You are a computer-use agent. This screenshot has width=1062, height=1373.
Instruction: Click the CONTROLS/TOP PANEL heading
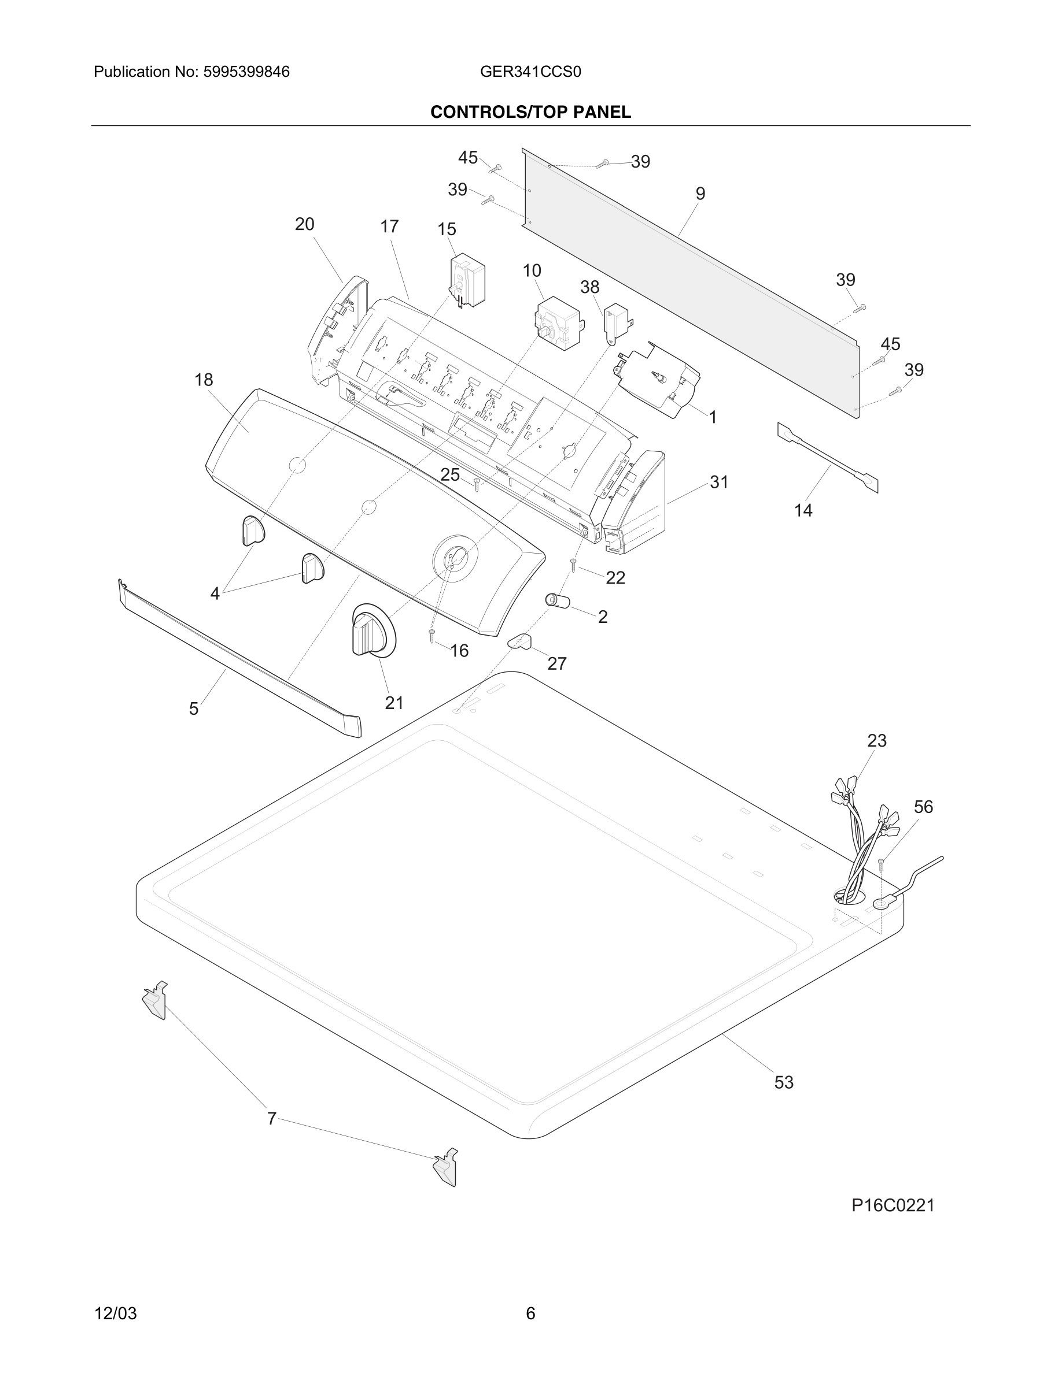click(530, 112)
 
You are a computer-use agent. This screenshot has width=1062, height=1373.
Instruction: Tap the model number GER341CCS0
click(530, 72)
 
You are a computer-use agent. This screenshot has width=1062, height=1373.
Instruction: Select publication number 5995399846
click(246, 72)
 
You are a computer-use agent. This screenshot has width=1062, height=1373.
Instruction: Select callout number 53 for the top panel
click(783, 1082)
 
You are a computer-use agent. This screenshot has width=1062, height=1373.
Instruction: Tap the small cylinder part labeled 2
click(557, 601)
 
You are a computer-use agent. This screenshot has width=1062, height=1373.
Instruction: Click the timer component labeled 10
click(557, 322)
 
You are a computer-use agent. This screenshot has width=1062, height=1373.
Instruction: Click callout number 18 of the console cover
click(204, 380)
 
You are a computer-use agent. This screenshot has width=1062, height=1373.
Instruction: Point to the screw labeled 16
click(432, 636)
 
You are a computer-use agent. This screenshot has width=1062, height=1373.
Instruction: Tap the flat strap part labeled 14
click(827, 457)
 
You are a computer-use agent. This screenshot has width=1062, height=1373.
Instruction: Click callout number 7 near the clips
click(272, 1118)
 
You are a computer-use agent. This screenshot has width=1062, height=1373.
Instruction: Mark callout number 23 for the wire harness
click(876, 741)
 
